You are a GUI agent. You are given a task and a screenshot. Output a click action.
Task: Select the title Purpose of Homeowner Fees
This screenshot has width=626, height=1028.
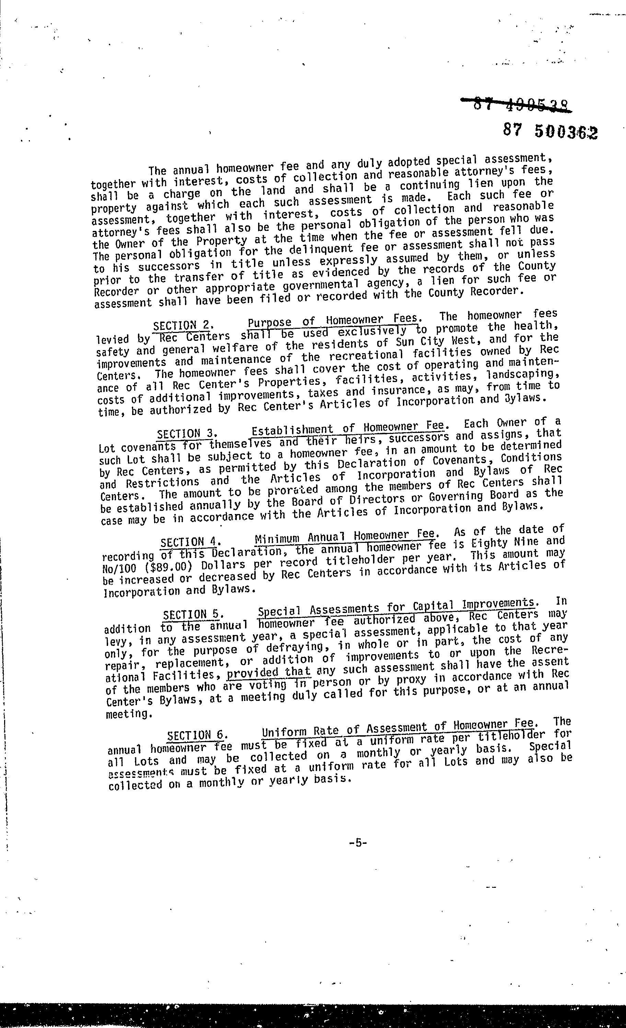(332, 321)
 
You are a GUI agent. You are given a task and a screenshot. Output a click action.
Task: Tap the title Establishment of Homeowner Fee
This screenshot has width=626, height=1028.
(348, 428)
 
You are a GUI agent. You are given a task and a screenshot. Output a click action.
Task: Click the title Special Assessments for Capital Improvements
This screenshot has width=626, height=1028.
(396, 608)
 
